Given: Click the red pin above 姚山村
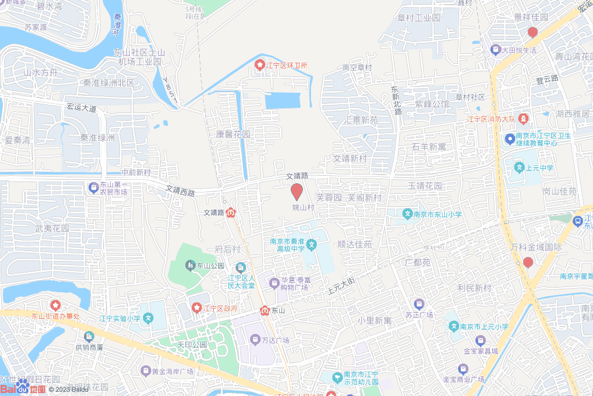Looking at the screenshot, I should [296, 191].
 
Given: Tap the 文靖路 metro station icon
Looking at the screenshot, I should [231, 213].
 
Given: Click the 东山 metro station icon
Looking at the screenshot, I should [265, 310].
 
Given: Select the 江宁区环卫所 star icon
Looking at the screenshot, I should [260, 65].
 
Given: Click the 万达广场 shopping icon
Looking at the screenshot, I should [255, 339].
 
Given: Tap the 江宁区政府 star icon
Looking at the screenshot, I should [197, 307].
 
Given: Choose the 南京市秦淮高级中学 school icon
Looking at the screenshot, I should [311, 245].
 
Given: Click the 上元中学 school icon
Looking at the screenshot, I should [519, 168].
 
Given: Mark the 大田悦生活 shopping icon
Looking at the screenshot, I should [495, 50].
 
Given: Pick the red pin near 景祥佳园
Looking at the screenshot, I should [532, 32].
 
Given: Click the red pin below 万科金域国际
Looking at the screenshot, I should [528, 262].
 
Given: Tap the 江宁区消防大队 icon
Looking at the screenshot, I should [523, 119].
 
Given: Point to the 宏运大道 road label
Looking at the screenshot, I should [81, 107].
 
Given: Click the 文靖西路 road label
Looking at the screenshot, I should [180, 190].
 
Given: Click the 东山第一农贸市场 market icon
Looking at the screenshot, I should [93, 187].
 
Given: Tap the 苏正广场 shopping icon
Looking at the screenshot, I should [419, 304].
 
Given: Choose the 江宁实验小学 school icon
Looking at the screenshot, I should [148, 318].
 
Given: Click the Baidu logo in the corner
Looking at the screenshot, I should [23, 388].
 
